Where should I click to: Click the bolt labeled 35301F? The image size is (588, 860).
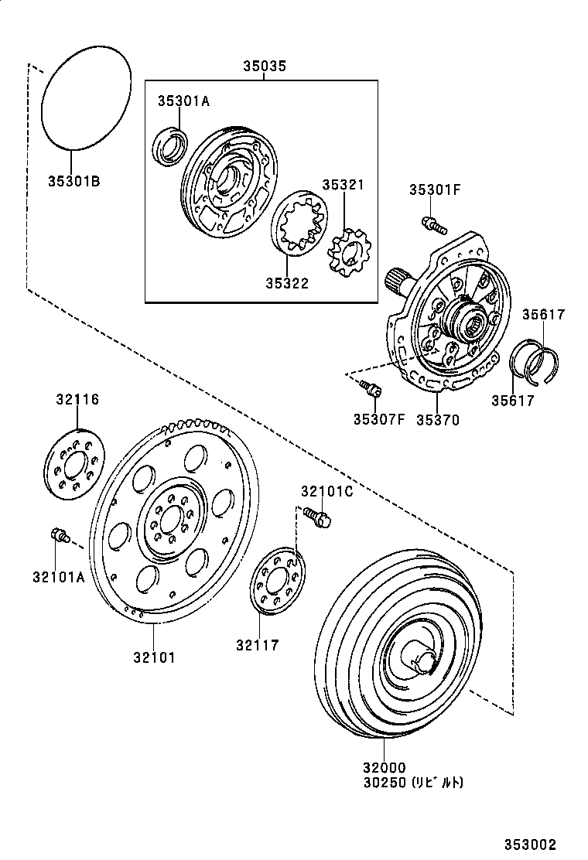(433, 225)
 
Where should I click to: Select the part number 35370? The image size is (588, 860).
(437, 420)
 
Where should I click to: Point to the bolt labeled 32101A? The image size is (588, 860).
(59, 534)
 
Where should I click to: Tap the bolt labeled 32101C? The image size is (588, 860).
(316, 516)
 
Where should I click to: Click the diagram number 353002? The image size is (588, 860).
(531, 845)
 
